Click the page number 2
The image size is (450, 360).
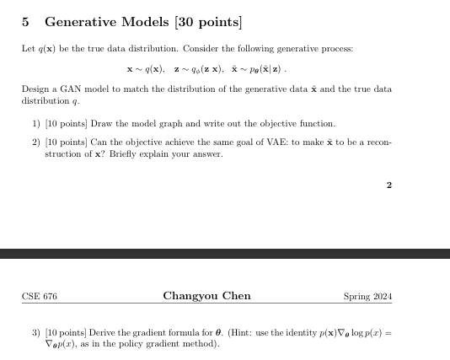[x=388, y=185]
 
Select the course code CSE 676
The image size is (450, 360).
[x=40, y=296]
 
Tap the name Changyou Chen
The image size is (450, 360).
[x=206, y=296]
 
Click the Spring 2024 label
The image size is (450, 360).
[x=368, y=296]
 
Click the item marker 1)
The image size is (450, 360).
[x=35, y=124]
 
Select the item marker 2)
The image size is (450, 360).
[x=35, y=142]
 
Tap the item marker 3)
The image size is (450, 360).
[x=35, y=333]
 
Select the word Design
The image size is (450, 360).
[x=35, y=89]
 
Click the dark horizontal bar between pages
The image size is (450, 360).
[x=225, y=254]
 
